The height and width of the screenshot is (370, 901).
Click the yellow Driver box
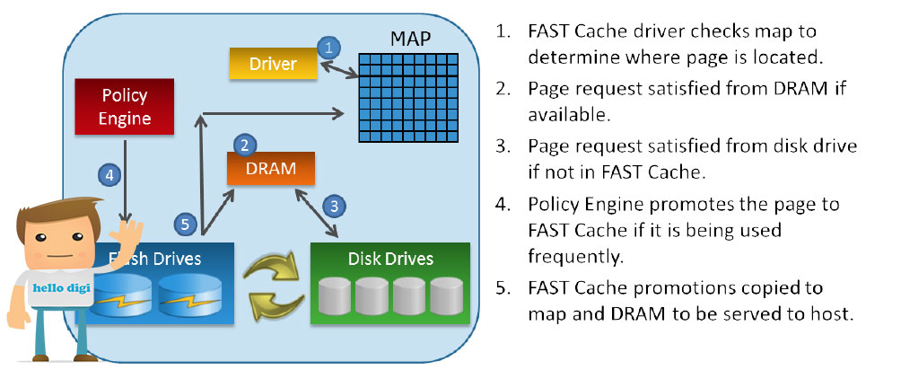click(274, 63)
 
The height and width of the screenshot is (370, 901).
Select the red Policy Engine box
click(125, 107)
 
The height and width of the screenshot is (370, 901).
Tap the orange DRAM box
click(271, 169)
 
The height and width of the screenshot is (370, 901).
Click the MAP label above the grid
click(410, 39)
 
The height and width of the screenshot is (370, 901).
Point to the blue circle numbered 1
click(328, 48)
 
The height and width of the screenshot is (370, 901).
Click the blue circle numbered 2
click(245, 145)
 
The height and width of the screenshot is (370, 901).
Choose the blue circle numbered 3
click(335, 206)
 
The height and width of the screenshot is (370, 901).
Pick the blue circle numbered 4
click(109, 174)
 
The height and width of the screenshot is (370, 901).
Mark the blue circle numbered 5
click(185, 224)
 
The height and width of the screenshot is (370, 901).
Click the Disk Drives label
click(390, 259)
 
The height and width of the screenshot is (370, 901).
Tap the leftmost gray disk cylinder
click(335, 295)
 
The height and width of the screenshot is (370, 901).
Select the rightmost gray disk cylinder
click(447, 295)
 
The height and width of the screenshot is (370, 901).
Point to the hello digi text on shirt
click(62, 287)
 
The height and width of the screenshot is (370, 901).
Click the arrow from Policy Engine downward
click(126, 179)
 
